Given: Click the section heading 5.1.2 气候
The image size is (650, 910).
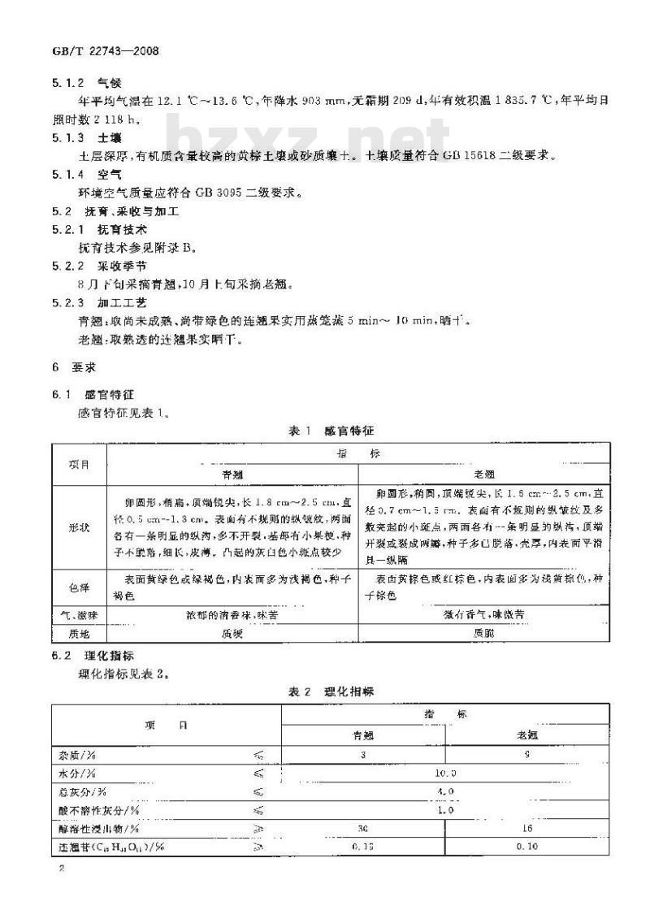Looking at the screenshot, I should (80, 82).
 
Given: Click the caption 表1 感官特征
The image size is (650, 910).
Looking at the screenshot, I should (331, 430).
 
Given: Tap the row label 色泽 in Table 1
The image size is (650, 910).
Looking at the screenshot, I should (80, 588).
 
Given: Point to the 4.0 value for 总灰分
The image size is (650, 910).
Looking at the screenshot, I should (445, 791).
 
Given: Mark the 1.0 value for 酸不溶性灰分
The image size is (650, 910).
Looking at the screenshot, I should (445, 809).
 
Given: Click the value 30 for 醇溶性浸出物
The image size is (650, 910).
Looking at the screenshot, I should (363, 828).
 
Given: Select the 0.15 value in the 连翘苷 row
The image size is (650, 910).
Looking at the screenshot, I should (363, 847).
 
